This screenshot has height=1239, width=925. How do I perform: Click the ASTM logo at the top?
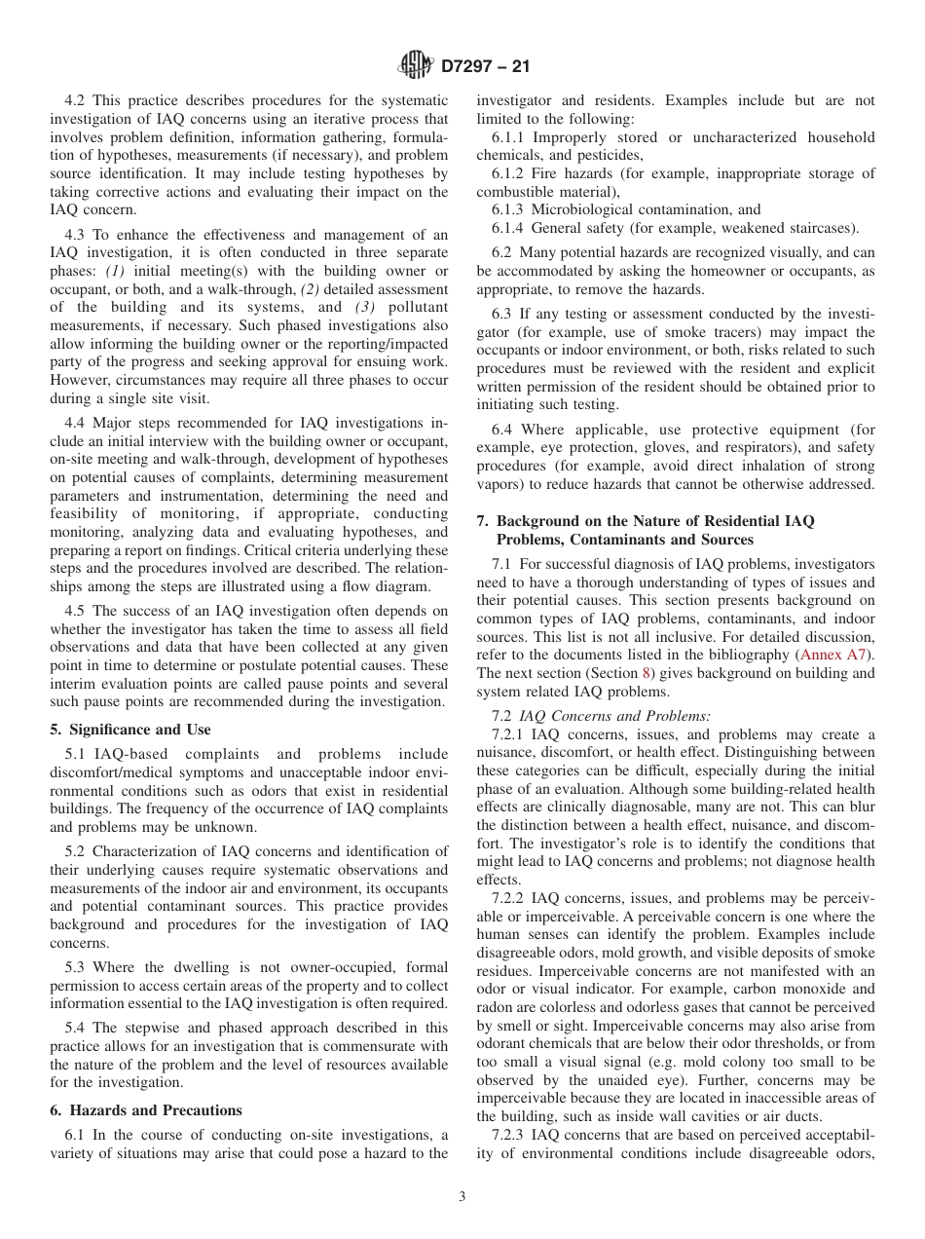pyautogui.click(x=416, y=66)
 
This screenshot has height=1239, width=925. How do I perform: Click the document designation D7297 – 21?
pyautogui.click(x=485, y=67)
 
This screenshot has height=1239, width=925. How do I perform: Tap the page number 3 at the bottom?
pyautogui.click(x=462, y=1197)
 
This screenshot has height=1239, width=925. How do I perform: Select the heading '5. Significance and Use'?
pyautogui.click(x=129, y=730)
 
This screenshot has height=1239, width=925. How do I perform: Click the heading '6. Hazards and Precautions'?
pyautogui.click(x=146, y=1110)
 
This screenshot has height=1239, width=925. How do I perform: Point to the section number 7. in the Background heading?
pyautogui.click(x=484, y=521)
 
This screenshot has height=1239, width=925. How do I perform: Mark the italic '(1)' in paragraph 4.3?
pyautogui.click(x=116, y=270)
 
